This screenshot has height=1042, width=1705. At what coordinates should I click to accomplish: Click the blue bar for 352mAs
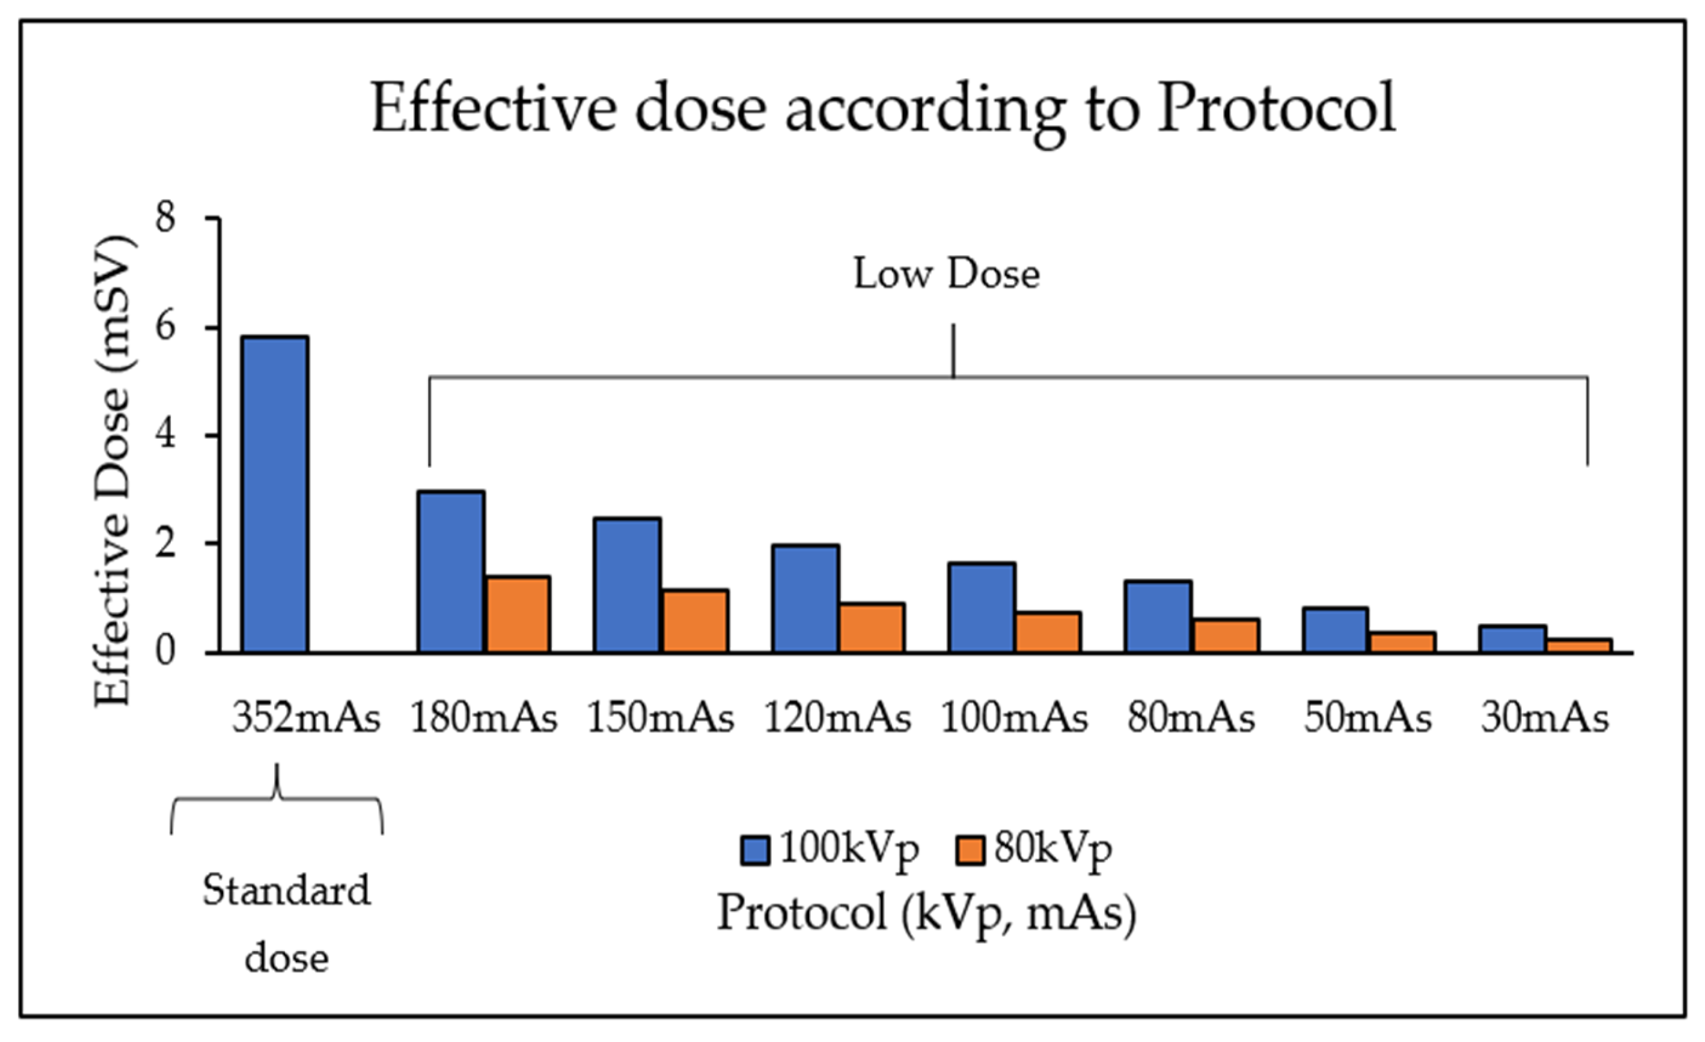[x=275, y=494]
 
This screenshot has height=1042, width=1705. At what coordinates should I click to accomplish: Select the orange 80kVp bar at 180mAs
[x=518, y=614]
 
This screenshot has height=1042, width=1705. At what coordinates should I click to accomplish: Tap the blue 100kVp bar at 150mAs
[x=627, y=585]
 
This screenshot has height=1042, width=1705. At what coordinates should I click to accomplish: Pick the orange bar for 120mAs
[x=872, y=627]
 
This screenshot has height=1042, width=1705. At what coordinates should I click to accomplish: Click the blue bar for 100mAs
[x=981, y=607]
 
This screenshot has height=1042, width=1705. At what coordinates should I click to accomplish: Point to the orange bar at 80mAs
[x=1226, y=635]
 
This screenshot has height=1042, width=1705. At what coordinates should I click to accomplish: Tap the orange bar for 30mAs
[x=1579, y=645]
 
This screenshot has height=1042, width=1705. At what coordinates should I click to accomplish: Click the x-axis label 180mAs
[x=484, y=718]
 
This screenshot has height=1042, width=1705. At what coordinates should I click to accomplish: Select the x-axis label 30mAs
[x=1544, y=718]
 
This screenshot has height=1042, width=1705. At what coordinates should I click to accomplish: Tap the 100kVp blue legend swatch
[x=755, y=850]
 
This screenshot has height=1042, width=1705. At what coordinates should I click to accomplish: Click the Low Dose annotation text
[x=946, y=274]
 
